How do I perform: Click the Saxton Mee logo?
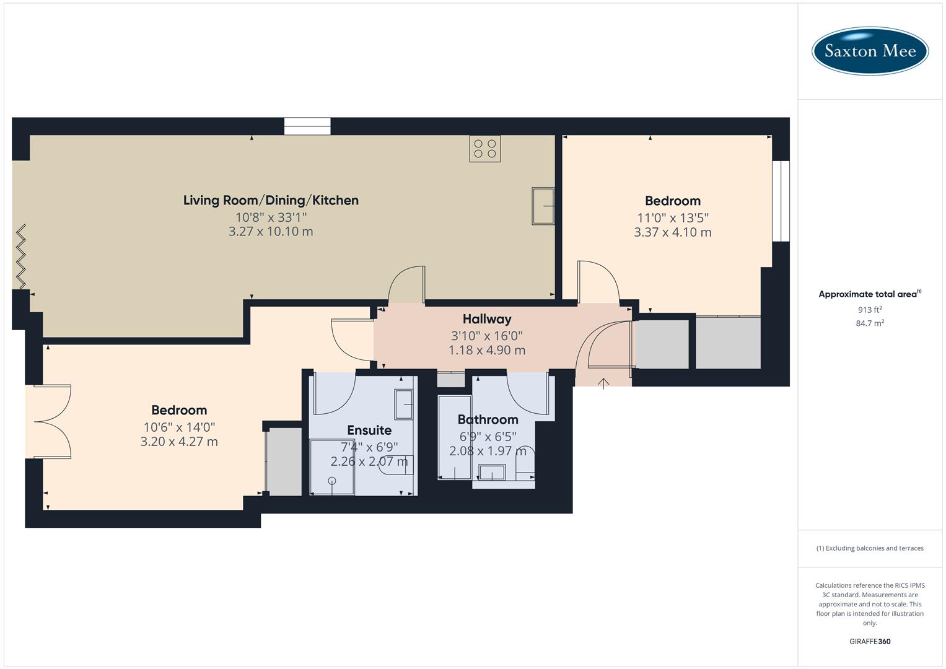[x=870, y=51]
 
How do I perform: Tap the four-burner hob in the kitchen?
[x=484, y=149]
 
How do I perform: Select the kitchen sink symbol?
[x=543, y=206]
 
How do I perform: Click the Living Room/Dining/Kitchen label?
[x=271, y=200]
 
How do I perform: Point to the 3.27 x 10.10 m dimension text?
[x=271, y=232]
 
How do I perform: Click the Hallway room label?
[x=487, y=319]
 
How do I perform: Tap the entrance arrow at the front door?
[x=603, y=383]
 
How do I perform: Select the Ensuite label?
[x=369, y=430]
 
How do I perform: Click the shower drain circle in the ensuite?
[x=332, y=481]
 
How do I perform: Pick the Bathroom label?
[x=488, y=419]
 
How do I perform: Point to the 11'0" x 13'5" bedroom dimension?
[x=672, y=218]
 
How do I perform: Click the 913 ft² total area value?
[x=870, y=310]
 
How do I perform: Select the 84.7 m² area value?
[x=870, y=323]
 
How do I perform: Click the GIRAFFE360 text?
[x=870, y=642]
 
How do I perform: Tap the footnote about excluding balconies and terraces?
[x=870, y=548]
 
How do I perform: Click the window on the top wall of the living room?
[x=307, y=126]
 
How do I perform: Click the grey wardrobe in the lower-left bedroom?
[x=284, y=461]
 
